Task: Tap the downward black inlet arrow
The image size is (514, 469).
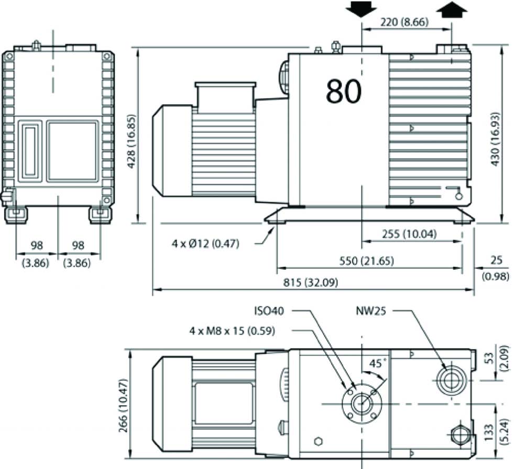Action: click(x=361, y=9)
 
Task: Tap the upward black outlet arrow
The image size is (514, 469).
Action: click(x=452, y=9)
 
